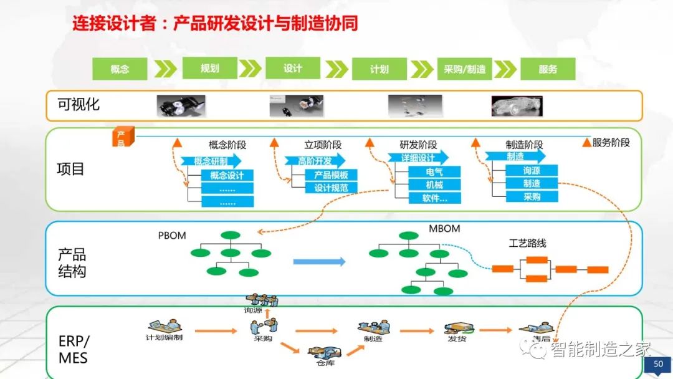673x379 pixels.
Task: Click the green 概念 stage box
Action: pos(120,69)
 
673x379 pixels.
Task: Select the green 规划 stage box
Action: pos(210,68)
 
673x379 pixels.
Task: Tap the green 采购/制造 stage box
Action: pos(464,69)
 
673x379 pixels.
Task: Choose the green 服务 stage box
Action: pos(548,69)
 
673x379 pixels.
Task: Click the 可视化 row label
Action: pos(79,105)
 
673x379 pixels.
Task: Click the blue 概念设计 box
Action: pos(227,175)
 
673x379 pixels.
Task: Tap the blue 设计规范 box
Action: pos(331,188)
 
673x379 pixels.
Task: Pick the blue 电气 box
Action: pos(434,171)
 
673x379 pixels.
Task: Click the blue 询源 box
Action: pos(532,170)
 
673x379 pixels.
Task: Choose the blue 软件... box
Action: pos(434,198)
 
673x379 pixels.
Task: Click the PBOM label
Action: pos(172,236)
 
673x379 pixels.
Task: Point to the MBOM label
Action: pos(444,229)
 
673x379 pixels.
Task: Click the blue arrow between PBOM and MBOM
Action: pos(319,262)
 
